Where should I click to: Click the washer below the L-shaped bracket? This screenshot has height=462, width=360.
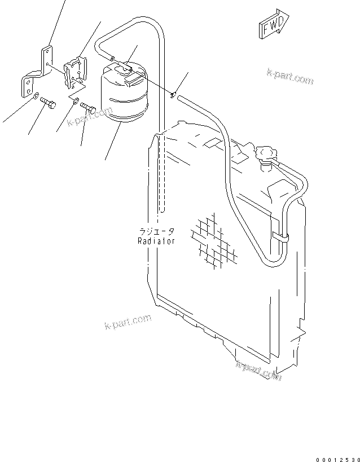click(36, 96)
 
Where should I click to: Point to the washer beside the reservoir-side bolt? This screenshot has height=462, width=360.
click(76, 102)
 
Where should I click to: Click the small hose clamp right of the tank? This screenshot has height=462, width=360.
click(175, 94)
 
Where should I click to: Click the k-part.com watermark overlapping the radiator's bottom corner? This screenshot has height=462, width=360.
click(258, 371)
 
